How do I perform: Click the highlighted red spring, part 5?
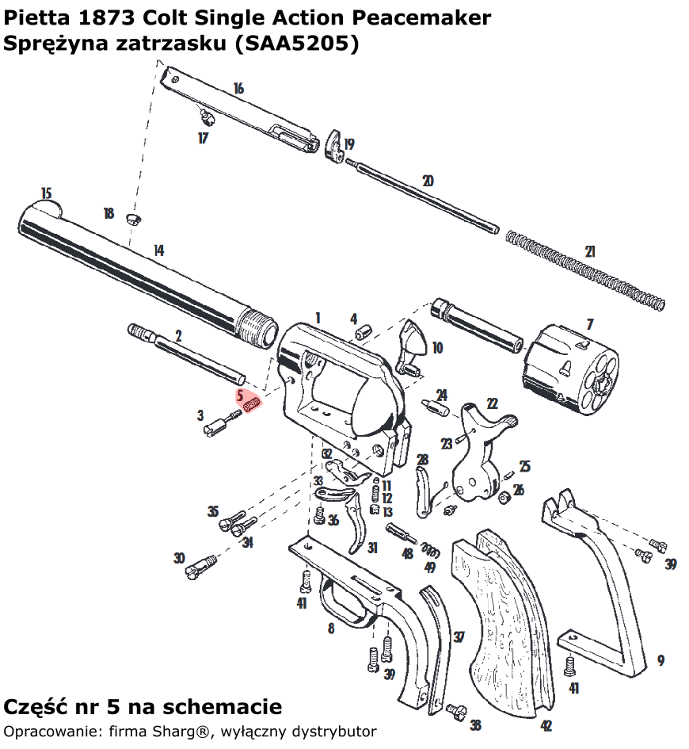251,405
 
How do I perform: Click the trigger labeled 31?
357,523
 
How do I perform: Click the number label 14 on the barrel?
158,250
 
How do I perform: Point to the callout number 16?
238,89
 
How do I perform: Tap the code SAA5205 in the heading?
295,44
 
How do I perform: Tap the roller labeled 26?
501,497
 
